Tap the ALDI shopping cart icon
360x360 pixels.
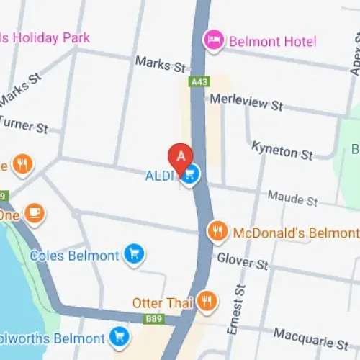pos(190,174)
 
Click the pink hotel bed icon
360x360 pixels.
pos(213,39)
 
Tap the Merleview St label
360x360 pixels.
pos(246,104)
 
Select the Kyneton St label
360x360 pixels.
pos(282,150)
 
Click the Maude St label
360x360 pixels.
pos(292,198)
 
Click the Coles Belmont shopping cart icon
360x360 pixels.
pos(133,253)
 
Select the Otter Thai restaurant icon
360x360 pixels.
pos(207,302)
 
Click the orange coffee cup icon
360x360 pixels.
pos(34,212)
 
